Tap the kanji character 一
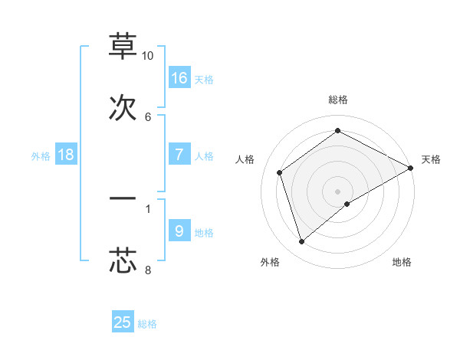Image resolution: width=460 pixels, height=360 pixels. [x=123, y=198]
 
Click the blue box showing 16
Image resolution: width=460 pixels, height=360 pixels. [x=179, y=77]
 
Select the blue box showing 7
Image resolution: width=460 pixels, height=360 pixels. [x=179, y=155]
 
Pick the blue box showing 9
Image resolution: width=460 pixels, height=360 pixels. [x=179, y=231]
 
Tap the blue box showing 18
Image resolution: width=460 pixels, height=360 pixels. [x=66, y=155]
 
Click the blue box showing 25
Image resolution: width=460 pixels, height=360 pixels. [x=123, y=322]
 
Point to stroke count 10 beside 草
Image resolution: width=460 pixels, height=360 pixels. [x=148, y=56]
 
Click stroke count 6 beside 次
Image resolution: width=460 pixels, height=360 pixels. [x=148, y=116]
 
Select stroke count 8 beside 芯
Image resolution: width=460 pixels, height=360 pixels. [x=148, y=270]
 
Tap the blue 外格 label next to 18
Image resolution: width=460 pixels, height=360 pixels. [x=41, y=156]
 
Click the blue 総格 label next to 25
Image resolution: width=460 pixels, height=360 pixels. [x=147, y=324]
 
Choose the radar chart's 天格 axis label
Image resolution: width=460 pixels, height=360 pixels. [x=431, y=159]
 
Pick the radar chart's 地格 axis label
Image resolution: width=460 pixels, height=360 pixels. [x=402, y=263]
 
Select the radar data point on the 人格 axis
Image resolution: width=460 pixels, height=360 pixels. [x=280, y=172]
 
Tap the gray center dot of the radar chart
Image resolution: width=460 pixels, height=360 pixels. [x=338, y=191]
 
